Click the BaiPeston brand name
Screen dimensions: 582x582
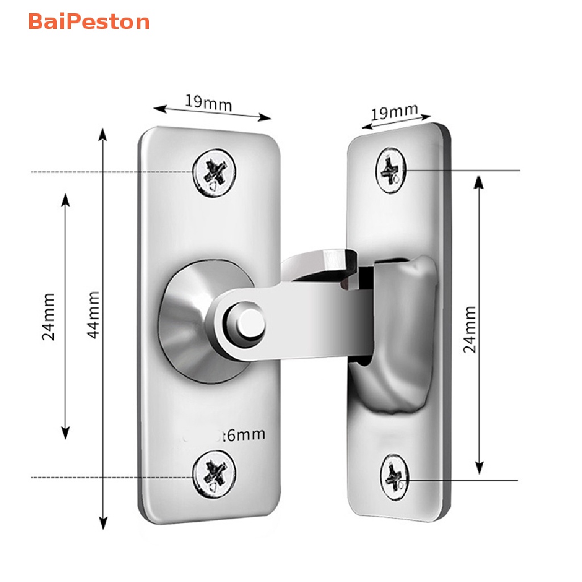(88, 22)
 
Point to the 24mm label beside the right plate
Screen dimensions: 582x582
(470, 329)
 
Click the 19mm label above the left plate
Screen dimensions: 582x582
(209, 103)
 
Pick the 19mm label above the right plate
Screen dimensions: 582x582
(394, 112)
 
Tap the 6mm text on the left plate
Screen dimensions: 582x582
(244, 435)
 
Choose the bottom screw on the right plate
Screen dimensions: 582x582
(393, 476)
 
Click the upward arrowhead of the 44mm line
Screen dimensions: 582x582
(103, 133)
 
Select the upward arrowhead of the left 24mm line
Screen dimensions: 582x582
(65, 199)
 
